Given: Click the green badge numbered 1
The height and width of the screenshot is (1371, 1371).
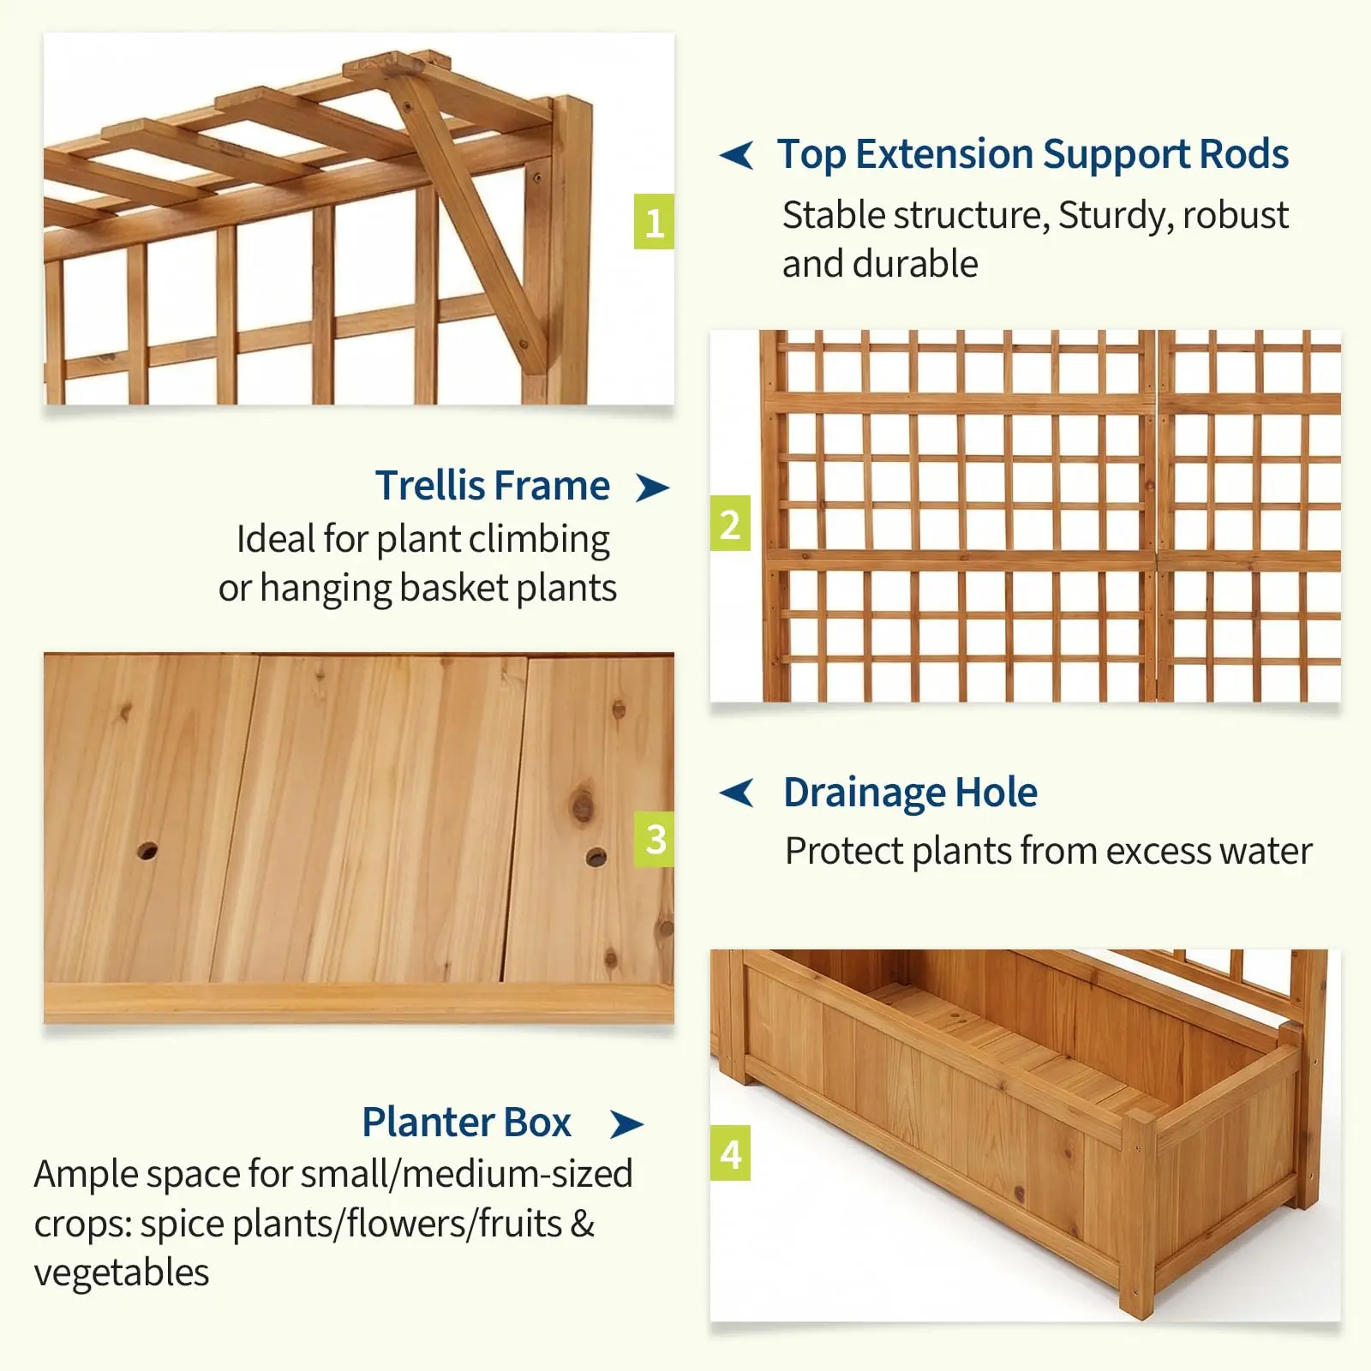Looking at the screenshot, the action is [654, 222].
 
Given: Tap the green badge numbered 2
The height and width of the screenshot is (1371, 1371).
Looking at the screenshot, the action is [730, 524].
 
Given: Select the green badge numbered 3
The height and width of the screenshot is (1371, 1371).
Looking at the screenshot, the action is [654, 839].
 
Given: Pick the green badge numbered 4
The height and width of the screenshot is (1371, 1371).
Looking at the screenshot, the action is [730, 1153].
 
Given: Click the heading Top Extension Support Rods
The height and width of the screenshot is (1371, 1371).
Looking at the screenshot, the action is [1033, 155].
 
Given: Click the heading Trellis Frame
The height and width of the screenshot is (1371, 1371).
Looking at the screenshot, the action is [493, 485].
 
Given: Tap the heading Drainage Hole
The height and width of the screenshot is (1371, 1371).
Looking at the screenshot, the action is [910, 793].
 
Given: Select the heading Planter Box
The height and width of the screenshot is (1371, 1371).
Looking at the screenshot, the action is [466, 1122].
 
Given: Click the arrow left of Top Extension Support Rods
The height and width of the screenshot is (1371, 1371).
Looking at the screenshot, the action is [737, 155].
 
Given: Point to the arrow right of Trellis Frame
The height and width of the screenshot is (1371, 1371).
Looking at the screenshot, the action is [652, 488].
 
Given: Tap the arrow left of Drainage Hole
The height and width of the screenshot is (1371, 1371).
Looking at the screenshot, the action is [737, 793].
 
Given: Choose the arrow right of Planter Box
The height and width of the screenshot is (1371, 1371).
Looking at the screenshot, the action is [626, 1124].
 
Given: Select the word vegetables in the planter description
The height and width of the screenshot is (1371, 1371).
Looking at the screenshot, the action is [122, 1273].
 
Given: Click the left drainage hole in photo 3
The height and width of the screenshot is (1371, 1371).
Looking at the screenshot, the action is [147, 852].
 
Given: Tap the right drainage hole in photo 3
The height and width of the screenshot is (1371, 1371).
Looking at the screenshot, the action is [596, 857].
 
